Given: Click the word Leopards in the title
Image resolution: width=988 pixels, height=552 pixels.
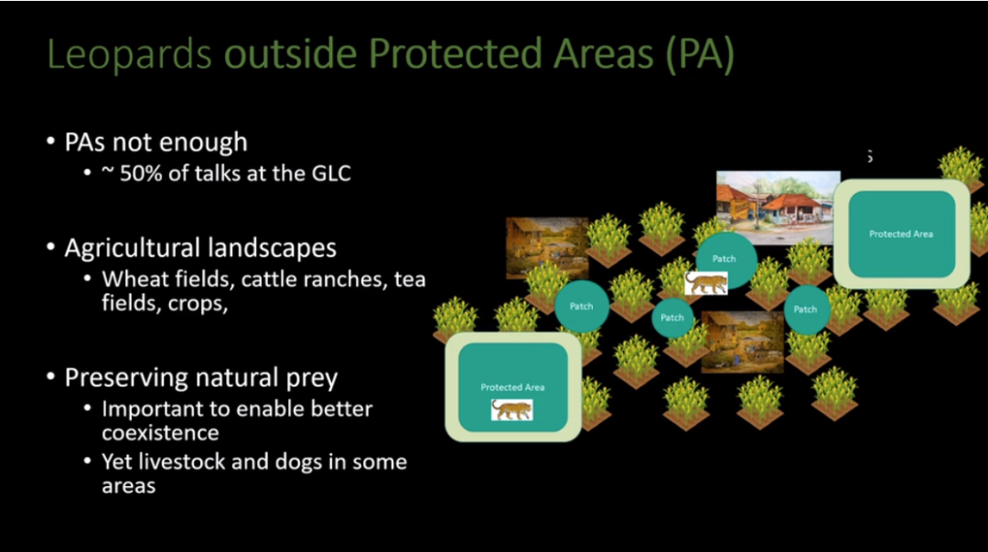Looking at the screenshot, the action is coord(129,55).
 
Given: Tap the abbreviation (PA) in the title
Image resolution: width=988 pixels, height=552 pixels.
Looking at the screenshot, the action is coord(700,54).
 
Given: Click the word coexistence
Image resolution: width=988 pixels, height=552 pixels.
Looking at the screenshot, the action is coord(161,433).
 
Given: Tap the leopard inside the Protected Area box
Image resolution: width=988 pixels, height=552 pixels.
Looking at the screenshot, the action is coord(511,409).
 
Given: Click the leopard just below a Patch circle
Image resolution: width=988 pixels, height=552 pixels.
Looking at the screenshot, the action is coord(706,283).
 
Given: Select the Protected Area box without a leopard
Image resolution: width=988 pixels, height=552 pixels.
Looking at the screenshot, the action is coord(902,234).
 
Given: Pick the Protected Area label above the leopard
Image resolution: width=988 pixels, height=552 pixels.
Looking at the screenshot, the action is coord(512,387).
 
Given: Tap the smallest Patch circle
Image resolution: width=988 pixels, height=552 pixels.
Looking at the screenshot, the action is coord(671,318).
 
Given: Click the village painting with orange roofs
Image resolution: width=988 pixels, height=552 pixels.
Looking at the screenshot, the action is coord(778,206).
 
